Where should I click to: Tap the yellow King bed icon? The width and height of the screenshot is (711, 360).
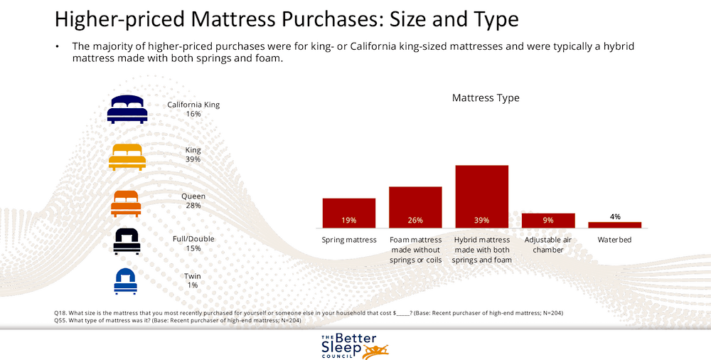[x=127, y=157]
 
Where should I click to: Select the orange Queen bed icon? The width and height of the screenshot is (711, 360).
[x=126, y=203]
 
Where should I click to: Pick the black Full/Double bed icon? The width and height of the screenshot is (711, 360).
[x=126, y=242]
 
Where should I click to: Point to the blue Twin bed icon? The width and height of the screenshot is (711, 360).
[x=125, y=281]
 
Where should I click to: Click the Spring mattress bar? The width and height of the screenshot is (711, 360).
[x=348, y=213]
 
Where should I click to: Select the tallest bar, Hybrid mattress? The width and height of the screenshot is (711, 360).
[x=481, y=196]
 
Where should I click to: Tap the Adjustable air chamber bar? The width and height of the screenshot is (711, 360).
[x=547, y=221]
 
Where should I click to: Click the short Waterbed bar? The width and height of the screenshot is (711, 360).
[x=614, y=225]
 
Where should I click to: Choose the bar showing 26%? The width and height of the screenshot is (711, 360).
[x=415, y=207]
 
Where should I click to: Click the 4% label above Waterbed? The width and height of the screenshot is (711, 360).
[x=615, y=216]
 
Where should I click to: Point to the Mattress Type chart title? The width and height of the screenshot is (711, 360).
[x=486, y=98]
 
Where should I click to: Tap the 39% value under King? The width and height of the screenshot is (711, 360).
[x=193, y=159]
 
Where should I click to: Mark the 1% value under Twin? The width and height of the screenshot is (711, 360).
[x=193, y=285]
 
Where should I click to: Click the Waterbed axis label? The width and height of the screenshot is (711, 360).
[x=614, y=240]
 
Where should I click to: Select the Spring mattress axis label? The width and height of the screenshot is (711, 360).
[x=348, y=240]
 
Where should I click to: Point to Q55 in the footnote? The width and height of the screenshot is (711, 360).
[x=61, y=320]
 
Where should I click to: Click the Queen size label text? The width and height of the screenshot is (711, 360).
[x=193, y=196]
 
